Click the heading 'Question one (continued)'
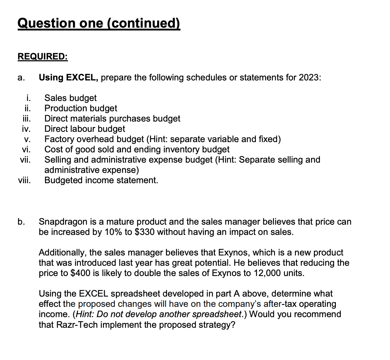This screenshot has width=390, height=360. (x=99, y=23)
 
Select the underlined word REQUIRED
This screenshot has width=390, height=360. (x=42, y=57)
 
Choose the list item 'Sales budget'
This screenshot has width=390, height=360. (x=70, y=98)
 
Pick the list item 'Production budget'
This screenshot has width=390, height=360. (x=81, y=108)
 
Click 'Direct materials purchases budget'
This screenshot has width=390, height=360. (x=112, y=118)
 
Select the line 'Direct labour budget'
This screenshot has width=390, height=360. (x=85, y=129)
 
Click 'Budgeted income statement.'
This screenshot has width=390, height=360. (x=101, y=180)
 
